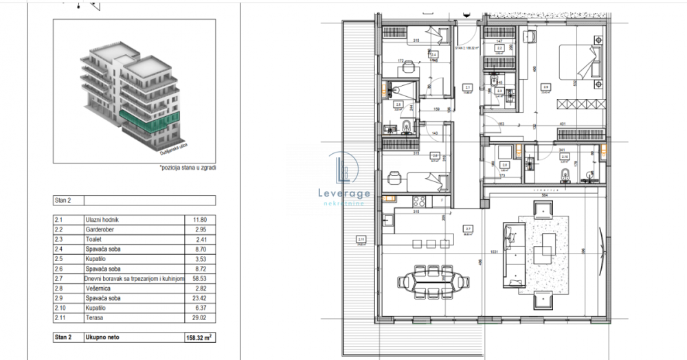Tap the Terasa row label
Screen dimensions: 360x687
click(x=95, y=318)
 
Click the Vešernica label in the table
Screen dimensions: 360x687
click(x=100, y=289)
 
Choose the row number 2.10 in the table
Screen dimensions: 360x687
click(x=62, y=308)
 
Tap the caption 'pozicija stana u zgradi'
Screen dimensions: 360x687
click(x=186, y=167)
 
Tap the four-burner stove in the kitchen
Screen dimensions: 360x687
click(x=418, y=201)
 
